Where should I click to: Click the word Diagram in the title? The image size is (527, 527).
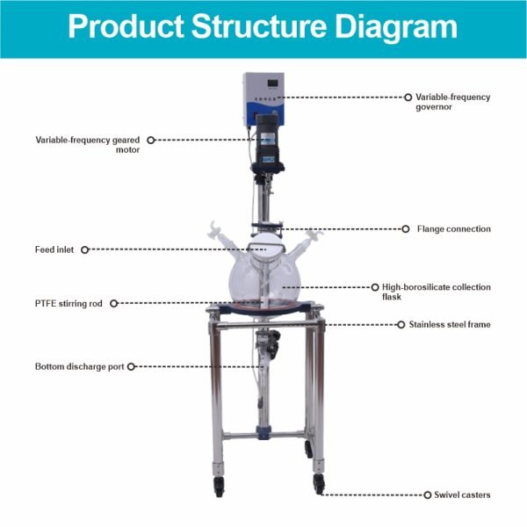coord(396,26)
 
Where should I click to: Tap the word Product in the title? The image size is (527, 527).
coord(126,26)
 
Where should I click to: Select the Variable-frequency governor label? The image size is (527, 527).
coord(452,102)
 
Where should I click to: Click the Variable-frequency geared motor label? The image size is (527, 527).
coord(87,145)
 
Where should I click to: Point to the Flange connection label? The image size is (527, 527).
coord(454,229)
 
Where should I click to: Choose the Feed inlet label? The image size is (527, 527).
coord(54,249)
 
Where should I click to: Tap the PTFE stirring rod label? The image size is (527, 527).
coord(69,304)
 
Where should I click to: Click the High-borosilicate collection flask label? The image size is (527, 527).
coord(437,292)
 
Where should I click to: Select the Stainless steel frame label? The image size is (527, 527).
coord(450,324)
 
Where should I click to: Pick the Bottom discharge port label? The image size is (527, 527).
coord(80,366)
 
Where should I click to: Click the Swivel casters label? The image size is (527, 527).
coord(462,495)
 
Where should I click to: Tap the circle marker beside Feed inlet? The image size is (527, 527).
coord(84,249)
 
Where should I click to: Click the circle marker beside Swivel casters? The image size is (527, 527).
coord(427,495)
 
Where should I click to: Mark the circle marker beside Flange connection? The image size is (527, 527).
coord(406,229)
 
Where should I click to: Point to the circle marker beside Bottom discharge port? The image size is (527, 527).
coord(131,366)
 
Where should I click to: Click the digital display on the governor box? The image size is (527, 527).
coord(271,83)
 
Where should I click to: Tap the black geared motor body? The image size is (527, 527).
coord(268,143)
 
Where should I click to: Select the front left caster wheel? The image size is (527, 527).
coord(219,486)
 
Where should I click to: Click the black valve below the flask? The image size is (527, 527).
coord(273,343)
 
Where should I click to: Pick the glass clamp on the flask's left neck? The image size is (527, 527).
coord(213,229)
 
